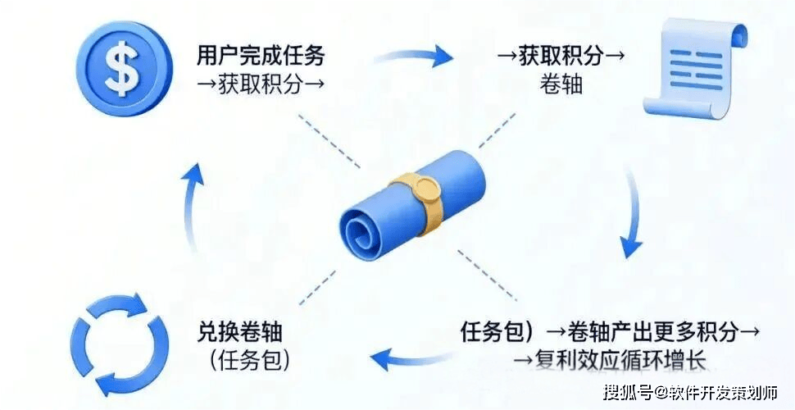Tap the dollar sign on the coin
125,67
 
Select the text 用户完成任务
261,56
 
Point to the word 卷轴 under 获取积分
561,83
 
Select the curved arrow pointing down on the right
634,213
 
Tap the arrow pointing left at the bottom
409,355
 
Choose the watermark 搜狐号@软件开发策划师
689,392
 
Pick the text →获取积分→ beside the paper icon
561,56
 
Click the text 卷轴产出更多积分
647,332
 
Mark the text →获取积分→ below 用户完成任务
261,83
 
